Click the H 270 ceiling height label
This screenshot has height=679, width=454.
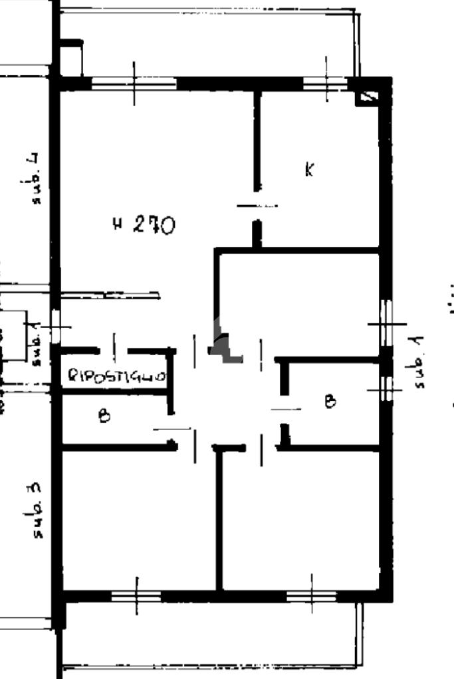(x=144, y=225)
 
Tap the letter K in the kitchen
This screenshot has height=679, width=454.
(x=309, y=169)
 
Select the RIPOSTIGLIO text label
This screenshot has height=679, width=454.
(x=116, y=377)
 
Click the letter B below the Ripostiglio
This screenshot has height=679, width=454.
(x=104, y=416)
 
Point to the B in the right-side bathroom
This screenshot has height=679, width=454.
(x=330, y=402)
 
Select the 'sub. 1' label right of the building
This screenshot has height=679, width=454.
(x=418, y=362)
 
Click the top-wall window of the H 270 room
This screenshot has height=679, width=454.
(x=134, y=83)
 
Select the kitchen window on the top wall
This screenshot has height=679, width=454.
(x=326, y=83)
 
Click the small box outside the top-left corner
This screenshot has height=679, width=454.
(x=71, y=58)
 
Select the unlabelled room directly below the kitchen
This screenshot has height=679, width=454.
(x=299, y=302)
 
